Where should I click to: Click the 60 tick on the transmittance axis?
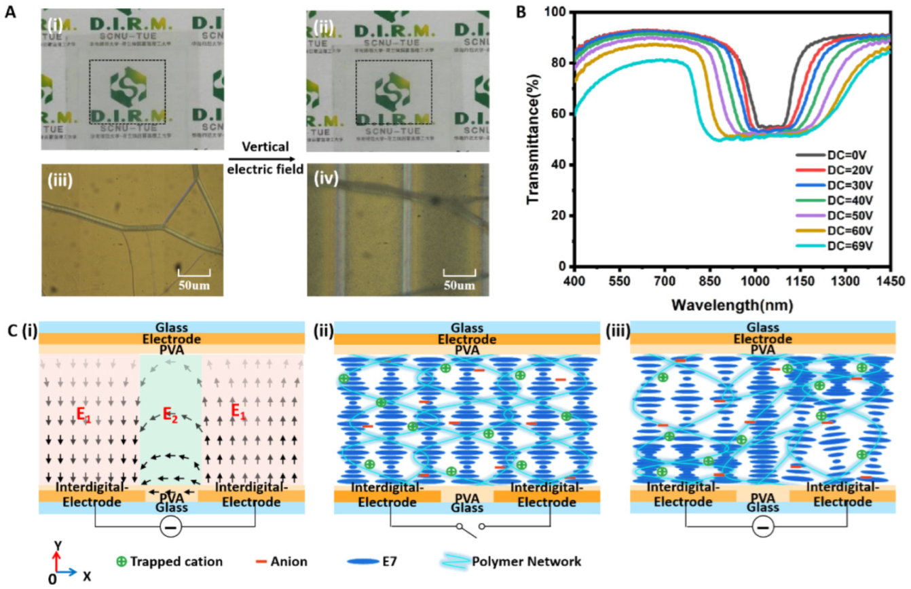click(559, 113)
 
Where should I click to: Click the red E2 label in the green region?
click(170, 414)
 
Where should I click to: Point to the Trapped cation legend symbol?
click(123, 562)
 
